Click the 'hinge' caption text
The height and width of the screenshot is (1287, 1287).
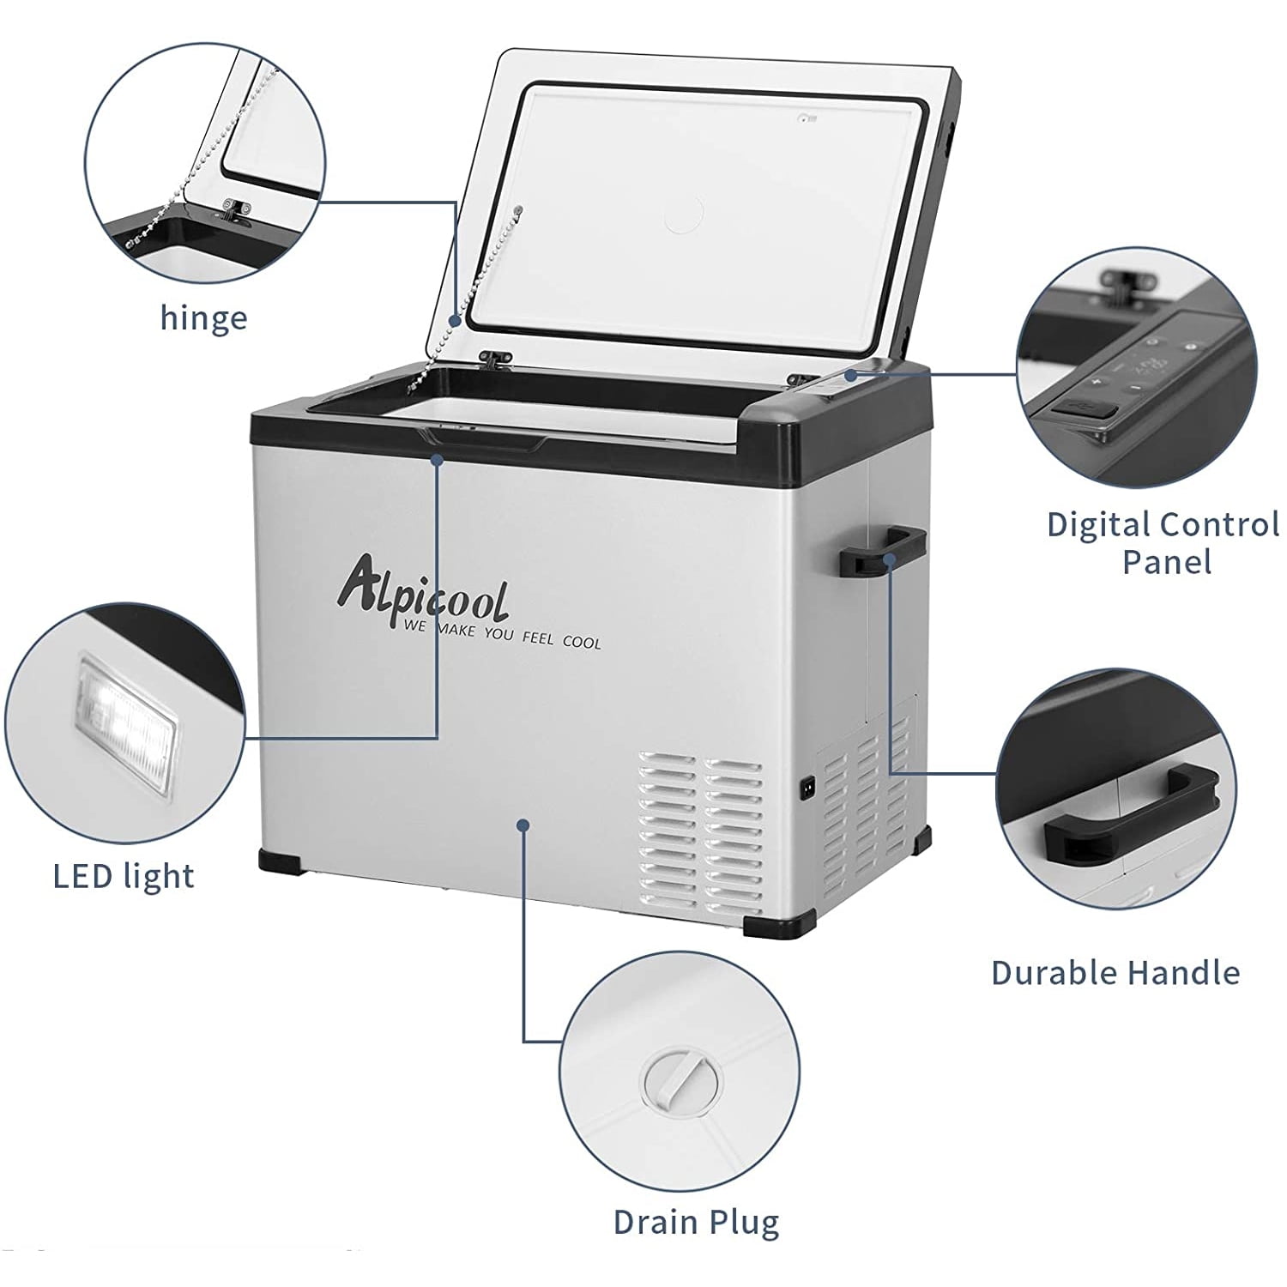[x=204, y=318]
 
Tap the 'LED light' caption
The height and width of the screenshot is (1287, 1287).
[x=124, y=876]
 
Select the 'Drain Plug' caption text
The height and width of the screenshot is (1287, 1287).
[x=696, y=1222]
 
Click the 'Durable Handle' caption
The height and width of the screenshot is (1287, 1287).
[x=1115, y=972]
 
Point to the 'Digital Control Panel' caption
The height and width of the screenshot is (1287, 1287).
[x=1163, y=543]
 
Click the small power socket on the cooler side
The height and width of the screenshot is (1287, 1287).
[x=807, y=787]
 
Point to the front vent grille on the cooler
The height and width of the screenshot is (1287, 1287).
[x=700, y=829]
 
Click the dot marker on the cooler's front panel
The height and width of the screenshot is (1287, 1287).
[x=523, y=825]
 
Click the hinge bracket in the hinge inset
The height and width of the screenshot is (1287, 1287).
[x=233, y=208]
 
